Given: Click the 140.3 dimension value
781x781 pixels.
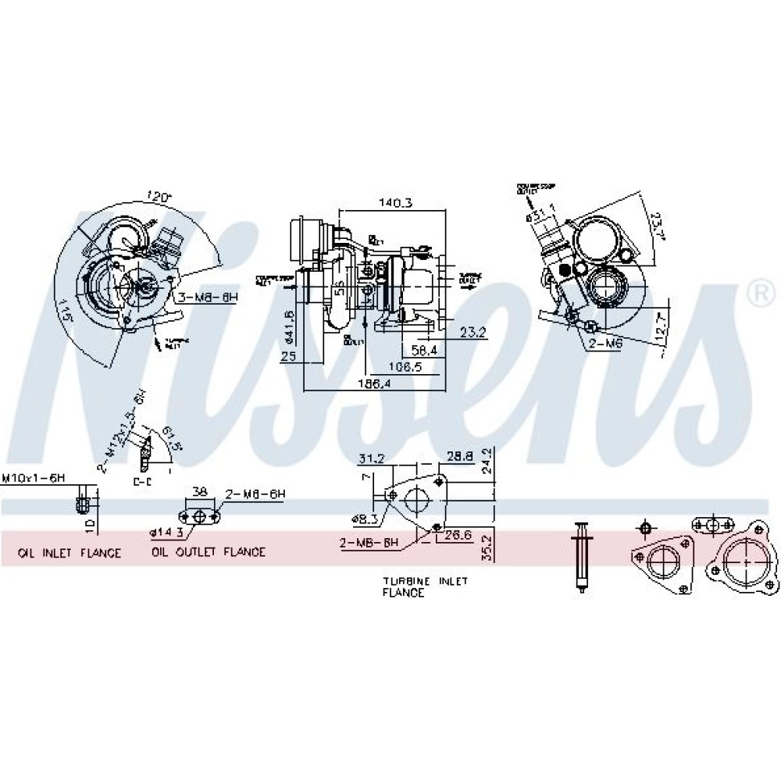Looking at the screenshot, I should (397, 203).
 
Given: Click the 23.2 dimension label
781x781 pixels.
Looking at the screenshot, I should (473, 332).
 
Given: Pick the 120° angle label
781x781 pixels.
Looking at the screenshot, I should (160, 198).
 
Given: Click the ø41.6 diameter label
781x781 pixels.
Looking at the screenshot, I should (290, 325).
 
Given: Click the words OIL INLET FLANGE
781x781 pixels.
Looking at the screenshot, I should (70, 552).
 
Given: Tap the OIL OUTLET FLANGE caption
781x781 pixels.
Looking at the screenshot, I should (209, 552).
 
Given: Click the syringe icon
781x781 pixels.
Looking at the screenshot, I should (580, 558).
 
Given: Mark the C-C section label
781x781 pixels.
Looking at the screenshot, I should (141, 482).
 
